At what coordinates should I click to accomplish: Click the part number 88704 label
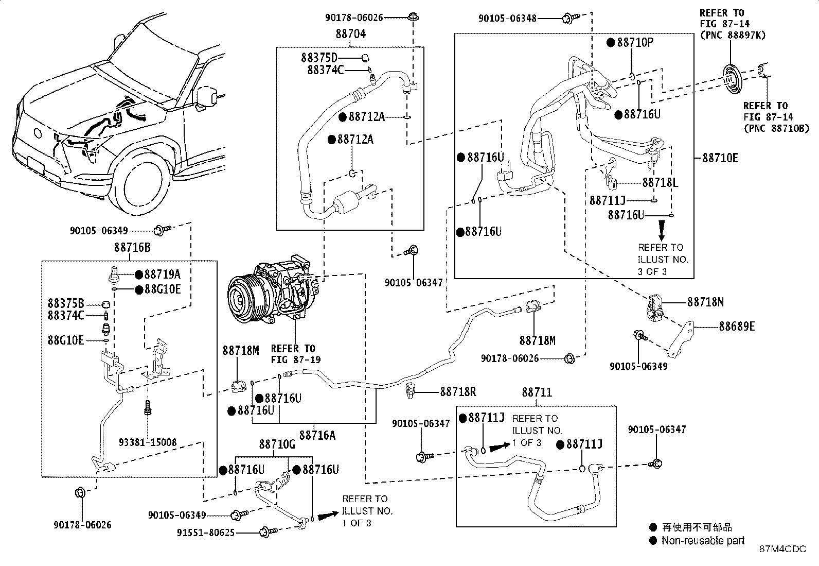click(350, 34)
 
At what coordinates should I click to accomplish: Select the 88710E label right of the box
click(720, 158)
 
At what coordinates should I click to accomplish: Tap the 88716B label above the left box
click(132, 248)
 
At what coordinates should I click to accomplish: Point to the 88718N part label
click(706, 302)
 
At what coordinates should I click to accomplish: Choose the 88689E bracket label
click(737, 326)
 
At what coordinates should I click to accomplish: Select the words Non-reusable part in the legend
click(703, 540)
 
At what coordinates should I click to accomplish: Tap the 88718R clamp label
click(458, 392)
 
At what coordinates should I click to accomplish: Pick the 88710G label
click(277, 444)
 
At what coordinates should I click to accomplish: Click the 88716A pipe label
click(317, 435)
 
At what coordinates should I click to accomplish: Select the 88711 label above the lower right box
click(537, 392)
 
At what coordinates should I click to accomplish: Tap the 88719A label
click(163, 274)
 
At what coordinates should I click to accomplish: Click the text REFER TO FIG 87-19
click(295, 354)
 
